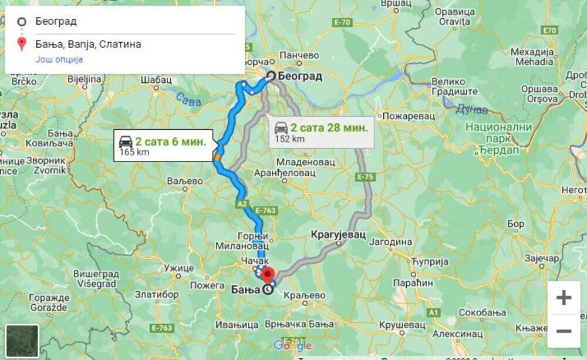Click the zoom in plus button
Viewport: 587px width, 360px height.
[564, 298]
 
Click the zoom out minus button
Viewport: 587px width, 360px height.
[564, 331]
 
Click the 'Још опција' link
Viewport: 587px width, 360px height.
[59, 59]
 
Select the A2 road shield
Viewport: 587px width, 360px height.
[242, 204]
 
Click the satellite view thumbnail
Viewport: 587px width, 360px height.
[22, 341]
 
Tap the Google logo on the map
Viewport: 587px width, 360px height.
[292, 345]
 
